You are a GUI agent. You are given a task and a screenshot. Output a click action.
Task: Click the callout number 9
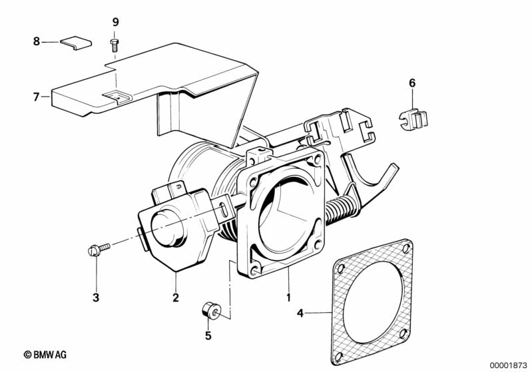point(116,23)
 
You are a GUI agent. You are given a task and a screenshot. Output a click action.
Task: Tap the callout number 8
point(37,42)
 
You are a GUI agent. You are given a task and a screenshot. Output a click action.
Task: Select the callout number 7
point(37,97)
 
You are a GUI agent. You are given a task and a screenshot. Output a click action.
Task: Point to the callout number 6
point(412,83)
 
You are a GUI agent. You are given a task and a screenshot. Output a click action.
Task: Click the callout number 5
point(208,335)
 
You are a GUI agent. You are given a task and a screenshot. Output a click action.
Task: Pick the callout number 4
point(300,313)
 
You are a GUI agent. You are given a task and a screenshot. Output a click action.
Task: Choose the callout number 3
point(96,297)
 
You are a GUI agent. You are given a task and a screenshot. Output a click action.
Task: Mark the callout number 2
point(175,297)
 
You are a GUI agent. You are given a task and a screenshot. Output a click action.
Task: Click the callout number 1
point(288,297)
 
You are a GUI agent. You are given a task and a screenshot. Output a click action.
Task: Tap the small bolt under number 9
point(115,45)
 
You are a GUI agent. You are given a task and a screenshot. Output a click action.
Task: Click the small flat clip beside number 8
point(76,43)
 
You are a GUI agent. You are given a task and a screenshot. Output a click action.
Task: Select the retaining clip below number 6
point(412,120)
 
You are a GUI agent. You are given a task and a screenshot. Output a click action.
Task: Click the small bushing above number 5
point(211,310)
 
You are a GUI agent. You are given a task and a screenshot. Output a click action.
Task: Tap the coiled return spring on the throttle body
point(342,208)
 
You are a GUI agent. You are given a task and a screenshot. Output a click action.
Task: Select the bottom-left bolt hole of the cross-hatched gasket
point(339,357)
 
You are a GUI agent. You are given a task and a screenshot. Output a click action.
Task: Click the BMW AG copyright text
point(45,355)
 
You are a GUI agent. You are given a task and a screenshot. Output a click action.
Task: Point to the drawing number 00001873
point(509,365)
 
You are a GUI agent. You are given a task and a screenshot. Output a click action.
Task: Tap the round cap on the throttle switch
point(167,227)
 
